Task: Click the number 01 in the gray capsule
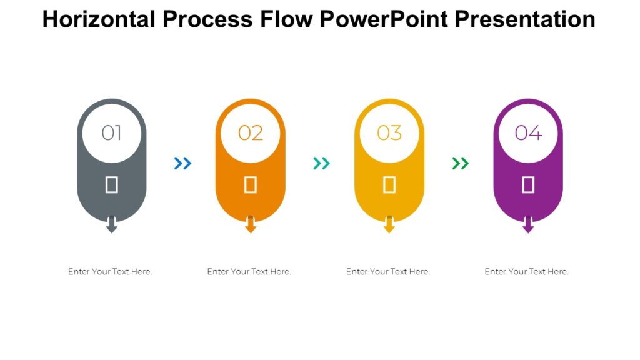click(x=112, y=132)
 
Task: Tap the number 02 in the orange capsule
click(x=251, y=132)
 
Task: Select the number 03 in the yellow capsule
click(x=389, y=132)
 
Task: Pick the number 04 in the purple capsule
click(x=528, y=132)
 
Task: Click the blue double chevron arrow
click(x=182, y=164)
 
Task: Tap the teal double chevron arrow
click(x=321, y=164)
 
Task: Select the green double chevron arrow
click(x=460, y=164)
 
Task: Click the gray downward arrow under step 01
click(x=112, y=226)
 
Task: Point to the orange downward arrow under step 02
click(x=251, y=226)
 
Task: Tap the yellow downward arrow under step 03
click(x=389, y=226)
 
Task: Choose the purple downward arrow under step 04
click(x=528, y=226)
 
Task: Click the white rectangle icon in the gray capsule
click(x=112, y=184)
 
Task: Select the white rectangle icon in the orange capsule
click(x=251, y=184)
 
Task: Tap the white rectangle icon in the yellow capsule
click(x=389, y=184)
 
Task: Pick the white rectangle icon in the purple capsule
click(x=528, y=184)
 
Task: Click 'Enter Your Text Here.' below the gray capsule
click(x=110, y=272)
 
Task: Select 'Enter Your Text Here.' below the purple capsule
click(x=527, y=272)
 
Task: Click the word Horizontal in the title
click(x=99, y=20)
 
